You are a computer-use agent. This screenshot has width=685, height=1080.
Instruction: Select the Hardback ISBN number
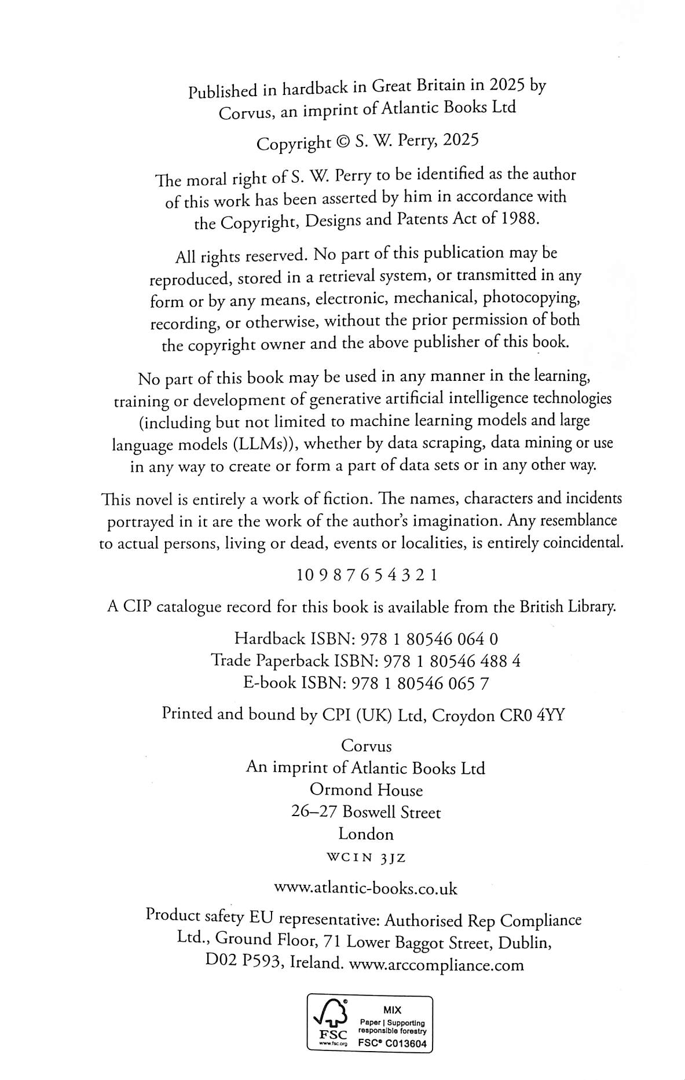(x=429, y=639)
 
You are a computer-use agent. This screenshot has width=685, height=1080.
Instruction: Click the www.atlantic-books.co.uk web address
(x=365, y=888)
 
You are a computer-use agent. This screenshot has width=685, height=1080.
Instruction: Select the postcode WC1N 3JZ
(x=366, y=858)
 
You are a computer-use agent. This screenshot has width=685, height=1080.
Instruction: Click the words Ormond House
(x=366, y=790)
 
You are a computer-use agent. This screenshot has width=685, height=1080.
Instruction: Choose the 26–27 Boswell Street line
(x=366, y=813)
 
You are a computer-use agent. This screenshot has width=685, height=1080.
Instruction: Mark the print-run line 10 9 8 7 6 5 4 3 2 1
(x=366, y=575)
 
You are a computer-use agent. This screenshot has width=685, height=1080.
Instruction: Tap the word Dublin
(x=523, y=943)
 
